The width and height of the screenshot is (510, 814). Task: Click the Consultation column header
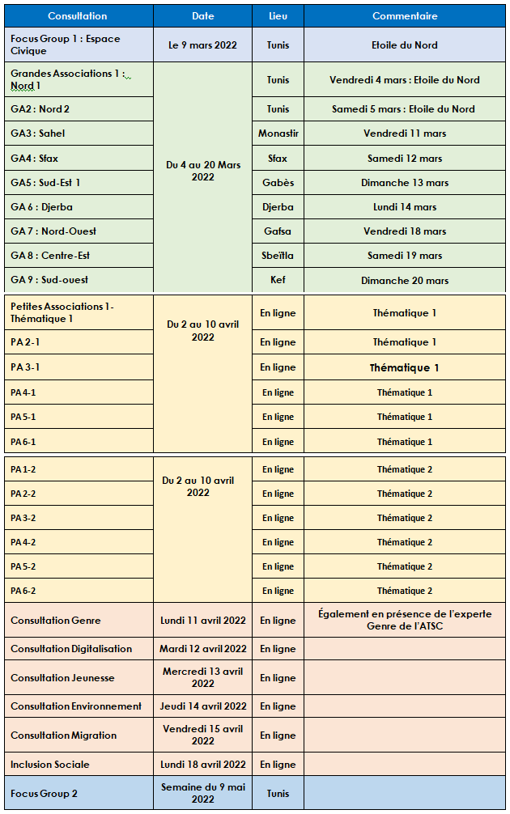pyautogui.click(x=77, y=16)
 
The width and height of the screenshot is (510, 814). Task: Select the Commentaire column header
pyautogui.click(x=405, y=16)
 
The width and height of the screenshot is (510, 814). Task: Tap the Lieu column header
pyautogui.click(x=278, y=16)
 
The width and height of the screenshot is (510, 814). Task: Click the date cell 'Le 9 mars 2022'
pyautogui.click(x=202, y=45)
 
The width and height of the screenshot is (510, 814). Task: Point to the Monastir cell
pyautogui.click(x=278, y=134)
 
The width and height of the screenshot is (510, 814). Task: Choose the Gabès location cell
pyautogui.click(x=278, y=183)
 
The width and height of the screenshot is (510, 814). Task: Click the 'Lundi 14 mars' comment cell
pyautogui.click(x=405, y=207)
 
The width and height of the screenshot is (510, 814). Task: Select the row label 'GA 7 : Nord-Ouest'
pyautogui.click(x=53, y=231)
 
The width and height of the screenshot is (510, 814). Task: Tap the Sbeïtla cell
pyautogui.click(x=278, y=256)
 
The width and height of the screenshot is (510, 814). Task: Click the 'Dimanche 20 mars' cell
pyautogui.click(x=405, y=281)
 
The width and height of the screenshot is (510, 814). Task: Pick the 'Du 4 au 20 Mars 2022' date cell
pyautogui.click(x=203, y=171)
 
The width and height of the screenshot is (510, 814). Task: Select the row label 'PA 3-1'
pyautogui.click(x=25, y=367)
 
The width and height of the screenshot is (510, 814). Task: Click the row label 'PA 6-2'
pyautogui.click(x=23, y=591)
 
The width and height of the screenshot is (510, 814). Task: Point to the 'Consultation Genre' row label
pyautogui.click(x=56, y=621)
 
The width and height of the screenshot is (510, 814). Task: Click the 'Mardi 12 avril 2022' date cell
pyautogui.click(x=203, y=649)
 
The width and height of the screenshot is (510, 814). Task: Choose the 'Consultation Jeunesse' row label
pyautogui.click(x=62, y=678)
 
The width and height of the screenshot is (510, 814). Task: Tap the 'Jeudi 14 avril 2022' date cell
pyautogui.click(x=203, y=706)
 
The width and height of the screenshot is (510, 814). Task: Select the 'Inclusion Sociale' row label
pyautogui.click(x=50, y=765)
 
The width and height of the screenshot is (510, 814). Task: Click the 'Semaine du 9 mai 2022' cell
pyautogui.click(x=203, y=794)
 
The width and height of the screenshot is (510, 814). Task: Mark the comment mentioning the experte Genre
pyautogui.click(x=405, y=620)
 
